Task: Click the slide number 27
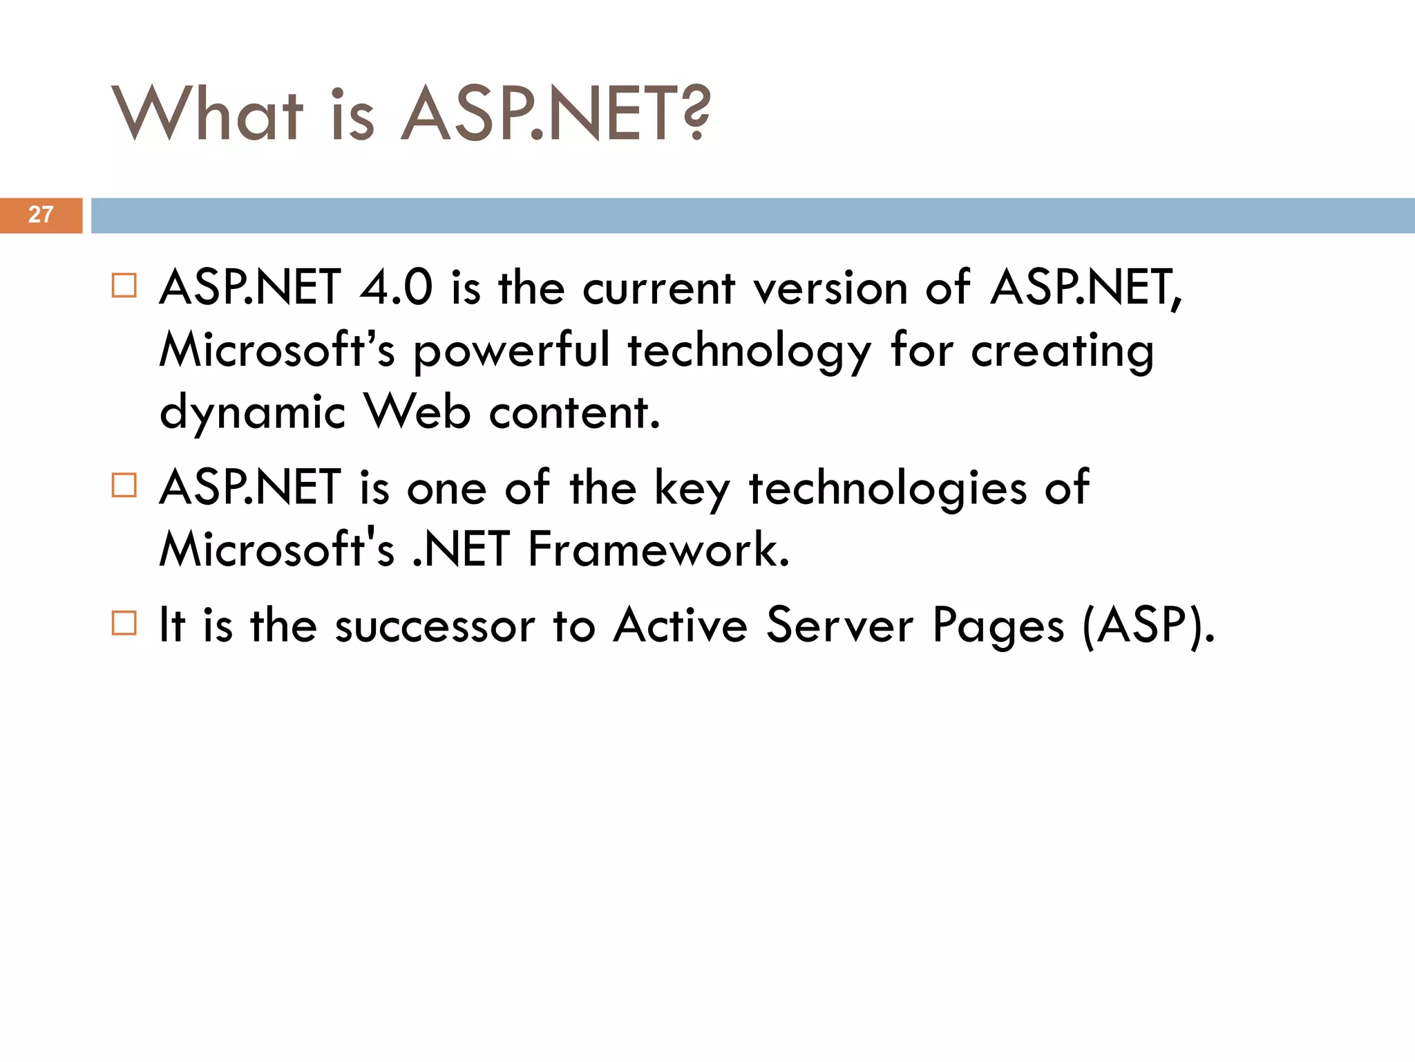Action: click(x=41, y=215)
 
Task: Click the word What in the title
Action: click(x=207, y=114)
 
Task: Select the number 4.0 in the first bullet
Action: click(x=396, y=288)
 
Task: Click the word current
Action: click(x=658, y=289)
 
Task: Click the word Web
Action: click(x=417, y=412)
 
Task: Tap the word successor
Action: click(x=435, y=626)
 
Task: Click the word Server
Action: click(x=840, y=625)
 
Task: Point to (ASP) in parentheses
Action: click(x=1148, y=626)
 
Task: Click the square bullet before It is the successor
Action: click(x=124, y=623)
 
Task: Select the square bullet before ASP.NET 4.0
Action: click(x=124, y=285)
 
